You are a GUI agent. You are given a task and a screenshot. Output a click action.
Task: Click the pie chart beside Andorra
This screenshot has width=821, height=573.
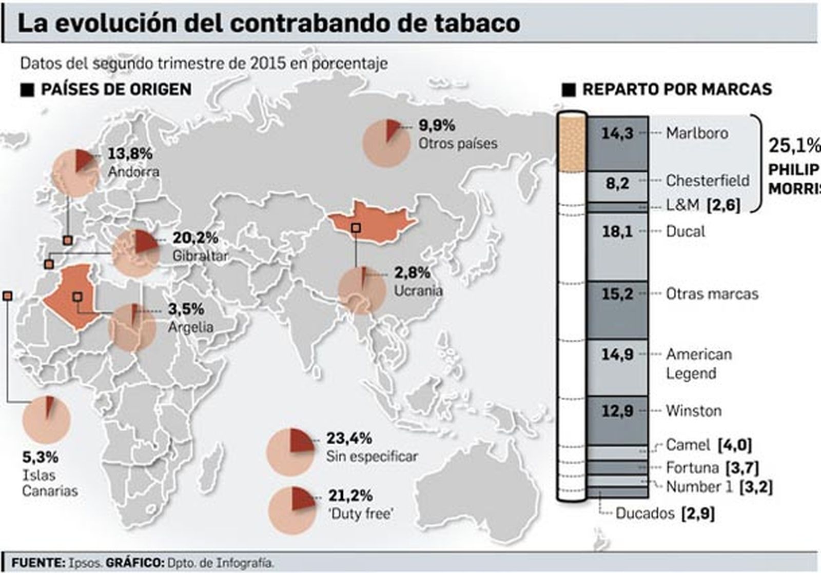[75, 174]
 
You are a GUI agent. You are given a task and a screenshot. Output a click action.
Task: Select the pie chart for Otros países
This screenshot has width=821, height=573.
[386, 143]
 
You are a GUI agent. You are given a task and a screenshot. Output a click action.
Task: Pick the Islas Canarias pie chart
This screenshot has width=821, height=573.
[46, 420]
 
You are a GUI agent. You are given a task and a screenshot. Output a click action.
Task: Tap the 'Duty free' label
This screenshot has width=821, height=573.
[361, 513]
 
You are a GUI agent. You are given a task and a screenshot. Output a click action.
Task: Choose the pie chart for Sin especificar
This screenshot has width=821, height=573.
[290, 452]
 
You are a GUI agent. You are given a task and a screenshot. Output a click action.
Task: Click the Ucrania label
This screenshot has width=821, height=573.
[418, 291]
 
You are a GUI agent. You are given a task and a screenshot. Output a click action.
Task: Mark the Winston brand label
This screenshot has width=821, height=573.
[693, 411]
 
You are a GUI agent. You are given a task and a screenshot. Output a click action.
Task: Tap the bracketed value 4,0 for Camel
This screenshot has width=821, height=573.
[735, 445]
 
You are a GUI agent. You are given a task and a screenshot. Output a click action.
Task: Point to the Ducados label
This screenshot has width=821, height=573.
[644, 513]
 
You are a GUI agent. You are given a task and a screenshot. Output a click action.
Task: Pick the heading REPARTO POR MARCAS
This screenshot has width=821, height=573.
[677, 89]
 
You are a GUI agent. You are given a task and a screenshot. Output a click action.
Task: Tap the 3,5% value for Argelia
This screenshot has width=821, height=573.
[186, 309]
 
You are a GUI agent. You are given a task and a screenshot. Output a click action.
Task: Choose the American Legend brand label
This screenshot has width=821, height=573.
[698, 364]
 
